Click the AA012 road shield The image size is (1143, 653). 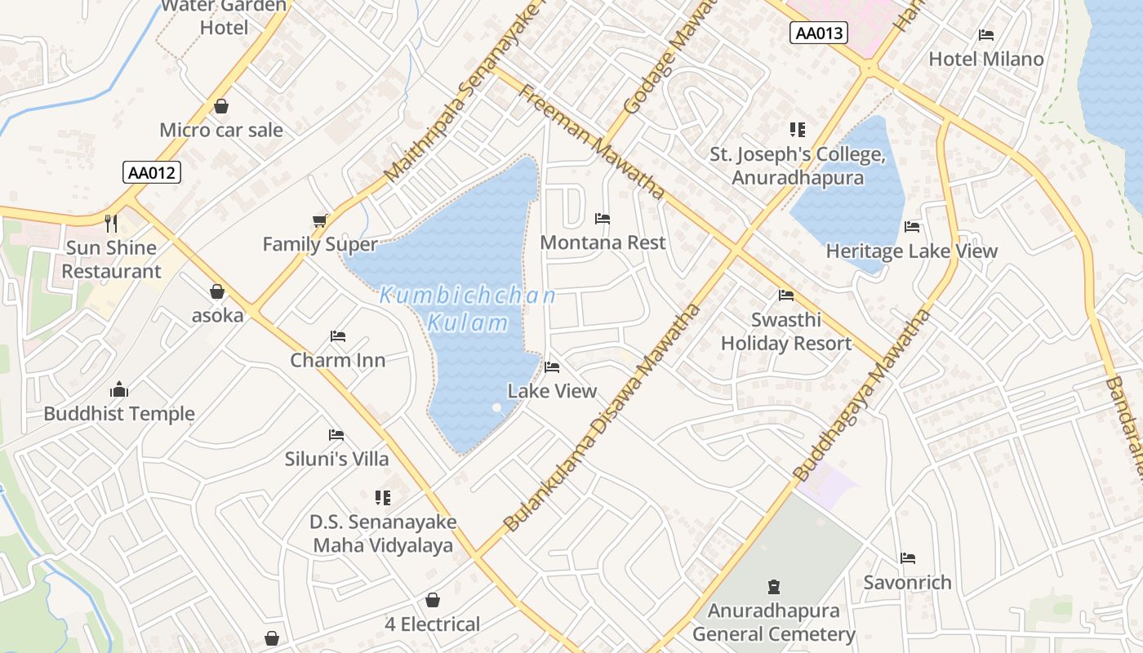(152, 172)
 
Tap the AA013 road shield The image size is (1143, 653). (819, 33)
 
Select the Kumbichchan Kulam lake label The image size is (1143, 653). (468, 309)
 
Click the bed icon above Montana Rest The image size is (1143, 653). (603, 219)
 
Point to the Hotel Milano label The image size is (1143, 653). (986, 59)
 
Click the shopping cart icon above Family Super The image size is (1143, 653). (320, 220)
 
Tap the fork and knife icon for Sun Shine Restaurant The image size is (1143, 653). (111, 223)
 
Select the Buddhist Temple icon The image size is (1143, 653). (119, 389)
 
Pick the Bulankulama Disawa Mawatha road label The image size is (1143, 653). (603, 418)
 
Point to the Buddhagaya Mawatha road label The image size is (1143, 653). (862, 394)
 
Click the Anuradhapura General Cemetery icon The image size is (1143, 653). (774, 586)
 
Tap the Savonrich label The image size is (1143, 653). (907, 582)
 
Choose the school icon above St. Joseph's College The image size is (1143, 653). (797, 130)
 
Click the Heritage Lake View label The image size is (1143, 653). (911, 251)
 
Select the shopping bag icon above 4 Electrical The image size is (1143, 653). (433, 601)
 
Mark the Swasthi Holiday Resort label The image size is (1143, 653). (785, 331)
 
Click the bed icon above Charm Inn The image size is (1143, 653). (338, 336)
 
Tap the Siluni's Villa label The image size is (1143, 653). (336, 459)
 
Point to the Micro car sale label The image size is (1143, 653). (221, 130)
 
